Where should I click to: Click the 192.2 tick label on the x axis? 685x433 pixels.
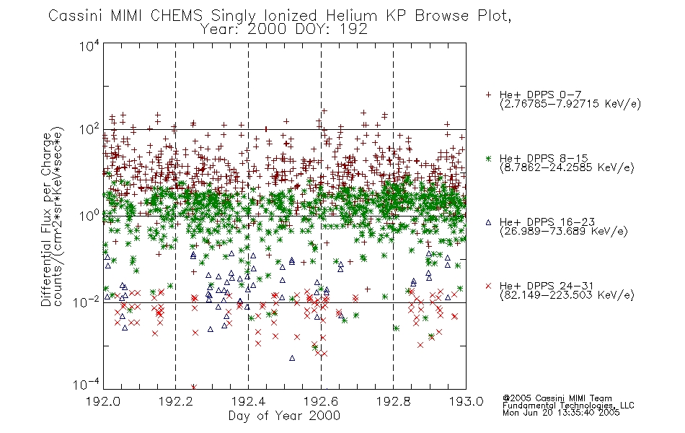[176, 401]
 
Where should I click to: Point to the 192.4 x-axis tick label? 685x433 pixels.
[249, 401]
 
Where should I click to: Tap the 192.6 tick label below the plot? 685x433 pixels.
[321, 401]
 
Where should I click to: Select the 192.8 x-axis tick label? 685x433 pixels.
[393, 401]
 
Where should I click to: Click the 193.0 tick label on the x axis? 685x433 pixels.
[466, 401]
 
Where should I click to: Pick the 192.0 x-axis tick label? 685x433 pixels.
[103, 401]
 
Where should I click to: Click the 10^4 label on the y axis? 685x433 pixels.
[89, 46]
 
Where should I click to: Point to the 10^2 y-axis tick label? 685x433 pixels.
[89, 130]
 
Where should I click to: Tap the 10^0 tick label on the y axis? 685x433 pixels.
[89, 216]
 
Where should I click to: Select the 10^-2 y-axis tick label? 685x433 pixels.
[87, 302]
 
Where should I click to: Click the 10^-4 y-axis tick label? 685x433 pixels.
[87, 385]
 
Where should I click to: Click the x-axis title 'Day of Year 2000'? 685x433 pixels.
[284, 416]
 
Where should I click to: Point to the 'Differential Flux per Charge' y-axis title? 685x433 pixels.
[46, 219]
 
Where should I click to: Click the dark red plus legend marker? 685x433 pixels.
[488, 95]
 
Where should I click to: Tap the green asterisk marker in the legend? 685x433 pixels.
[488, 158]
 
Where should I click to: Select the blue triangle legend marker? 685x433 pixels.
[488, 222]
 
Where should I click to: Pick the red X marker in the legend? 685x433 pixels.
[488, 286]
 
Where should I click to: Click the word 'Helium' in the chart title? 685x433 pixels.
[351, 16]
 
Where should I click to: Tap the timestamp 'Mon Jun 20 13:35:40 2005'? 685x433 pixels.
[561, 413]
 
